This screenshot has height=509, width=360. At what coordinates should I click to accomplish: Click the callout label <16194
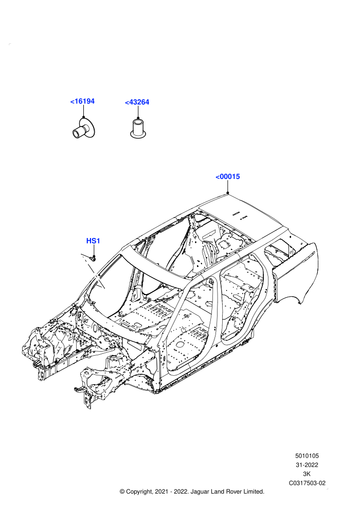coord(82,101)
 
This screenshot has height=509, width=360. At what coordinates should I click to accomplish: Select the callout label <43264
coord(137,102)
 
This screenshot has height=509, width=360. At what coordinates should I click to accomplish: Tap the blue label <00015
coord(227,176)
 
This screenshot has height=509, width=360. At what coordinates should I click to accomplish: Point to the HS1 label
coord(93,241)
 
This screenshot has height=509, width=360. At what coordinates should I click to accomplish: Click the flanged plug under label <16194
coord(83,129)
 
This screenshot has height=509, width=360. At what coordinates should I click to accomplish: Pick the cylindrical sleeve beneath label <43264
coord(138,128)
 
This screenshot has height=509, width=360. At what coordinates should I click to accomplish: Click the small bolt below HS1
coord(93,259)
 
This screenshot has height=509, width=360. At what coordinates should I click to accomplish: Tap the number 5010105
coord(307,456)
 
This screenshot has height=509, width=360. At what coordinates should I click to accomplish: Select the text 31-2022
coord(307,465)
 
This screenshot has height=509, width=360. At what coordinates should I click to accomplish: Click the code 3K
coord(307,474)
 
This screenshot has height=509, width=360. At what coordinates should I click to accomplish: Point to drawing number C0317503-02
coord(307,483)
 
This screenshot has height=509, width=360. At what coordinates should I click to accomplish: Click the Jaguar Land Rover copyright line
coord(192,492)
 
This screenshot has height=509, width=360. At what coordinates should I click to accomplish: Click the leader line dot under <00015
coord(228,193)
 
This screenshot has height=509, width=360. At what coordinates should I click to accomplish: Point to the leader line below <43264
coord(138,112)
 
